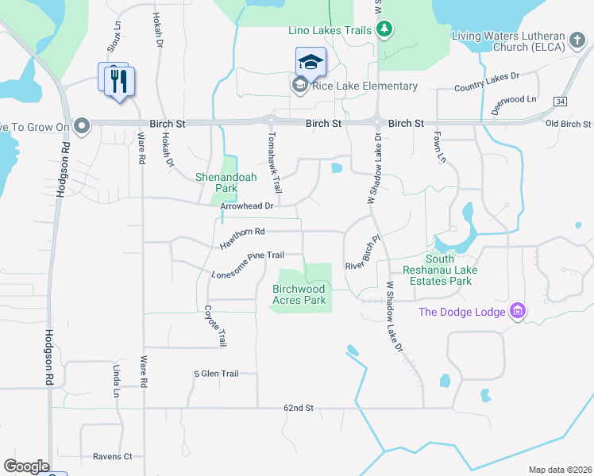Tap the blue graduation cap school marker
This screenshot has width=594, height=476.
310,61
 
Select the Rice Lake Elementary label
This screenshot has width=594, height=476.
365,86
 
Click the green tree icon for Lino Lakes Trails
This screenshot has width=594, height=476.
385,30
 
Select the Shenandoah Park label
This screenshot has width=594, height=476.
226,183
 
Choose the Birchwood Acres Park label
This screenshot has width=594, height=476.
299,295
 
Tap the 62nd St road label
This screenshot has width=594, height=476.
299,408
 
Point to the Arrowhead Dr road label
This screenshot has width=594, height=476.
246,206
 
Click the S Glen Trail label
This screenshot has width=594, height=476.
216,374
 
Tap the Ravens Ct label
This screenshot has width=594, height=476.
112,456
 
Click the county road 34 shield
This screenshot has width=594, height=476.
561,102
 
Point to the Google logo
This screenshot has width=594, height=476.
26,466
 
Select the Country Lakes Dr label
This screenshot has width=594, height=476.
486,81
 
